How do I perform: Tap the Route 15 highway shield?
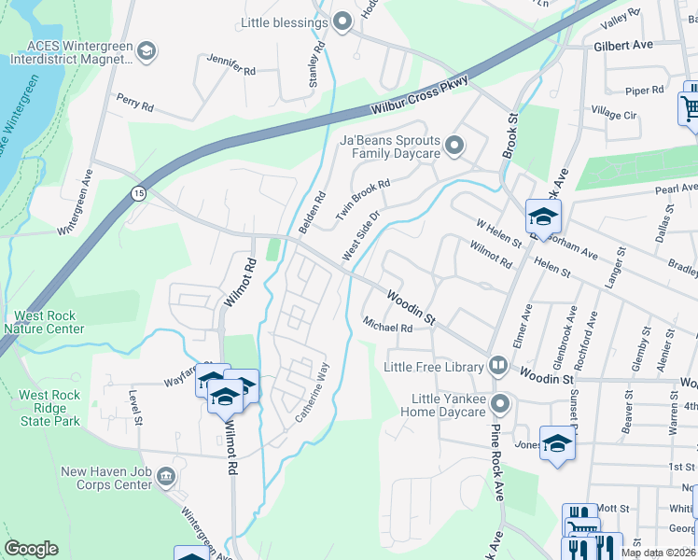tap(138, 193)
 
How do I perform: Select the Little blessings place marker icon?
tap(342, 21)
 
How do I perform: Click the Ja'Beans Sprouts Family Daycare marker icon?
tap(454, 145)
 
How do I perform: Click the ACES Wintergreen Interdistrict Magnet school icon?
tap(145, 51)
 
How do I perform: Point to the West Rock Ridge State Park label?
tap(49, 408)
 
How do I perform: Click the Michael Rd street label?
tap(388, 328)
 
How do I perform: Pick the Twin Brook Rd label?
tap(363, 198)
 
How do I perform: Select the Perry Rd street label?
tap(134, 102)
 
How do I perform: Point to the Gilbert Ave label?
tap(622, 45)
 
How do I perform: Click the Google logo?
tap(31, 550)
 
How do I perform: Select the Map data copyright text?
tap(659, 553)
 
